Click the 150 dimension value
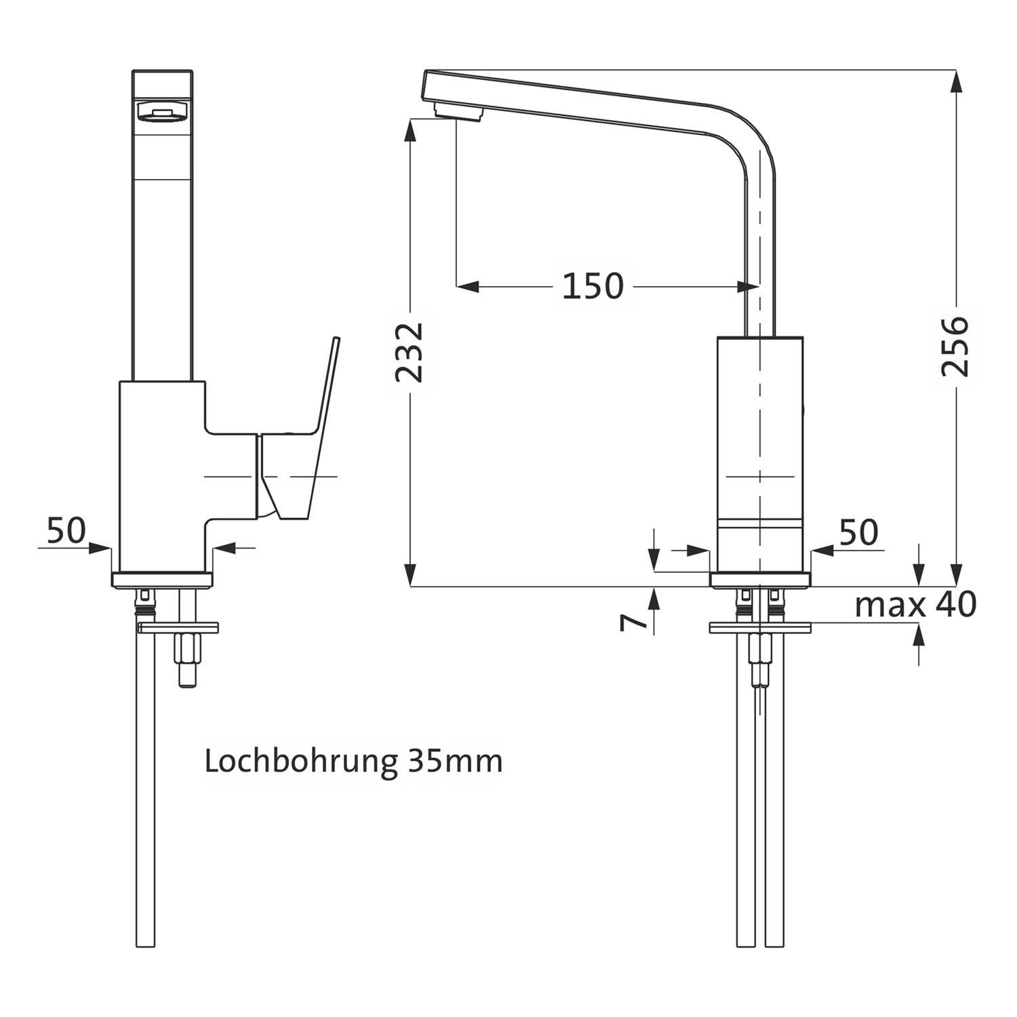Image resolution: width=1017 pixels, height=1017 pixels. click(x=593, y=286)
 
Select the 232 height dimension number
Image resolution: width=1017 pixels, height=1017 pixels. click(x=410, y=353)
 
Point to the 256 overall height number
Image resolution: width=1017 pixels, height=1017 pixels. click(x=955, y=346)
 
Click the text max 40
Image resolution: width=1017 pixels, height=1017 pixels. click(x=915, y=604)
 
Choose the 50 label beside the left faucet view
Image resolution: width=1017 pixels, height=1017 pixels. click(x=66, y=530)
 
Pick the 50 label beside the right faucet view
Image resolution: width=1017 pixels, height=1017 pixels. click(x=858, y=533)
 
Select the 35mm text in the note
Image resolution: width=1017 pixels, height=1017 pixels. click(x=455, y=761)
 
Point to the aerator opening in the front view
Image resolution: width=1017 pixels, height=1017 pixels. click(x=162, y=113)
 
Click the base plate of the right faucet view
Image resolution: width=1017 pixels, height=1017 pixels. click(x=760, y=580)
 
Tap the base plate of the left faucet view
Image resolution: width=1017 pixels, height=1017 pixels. click(x=162, y=580)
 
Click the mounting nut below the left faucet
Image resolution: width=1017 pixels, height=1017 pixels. click(x=186, y=652)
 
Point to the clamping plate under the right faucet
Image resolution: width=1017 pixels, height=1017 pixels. click(x=760, y=628)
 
